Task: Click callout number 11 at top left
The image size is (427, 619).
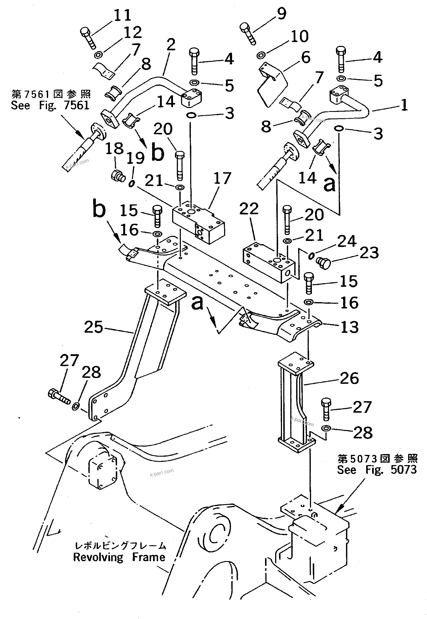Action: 123,15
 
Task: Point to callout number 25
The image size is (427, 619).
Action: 93,327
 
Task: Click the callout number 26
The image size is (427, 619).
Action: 349,378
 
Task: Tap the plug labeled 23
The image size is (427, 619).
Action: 324,263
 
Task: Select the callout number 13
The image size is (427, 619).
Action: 349,327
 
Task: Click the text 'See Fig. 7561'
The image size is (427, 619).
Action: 50,105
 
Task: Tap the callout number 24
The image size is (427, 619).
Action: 347,241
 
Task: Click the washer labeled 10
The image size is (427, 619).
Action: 261,55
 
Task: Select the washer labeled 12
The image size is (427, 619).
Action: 98,55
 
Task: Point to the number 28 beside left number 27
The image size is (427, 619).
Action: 91,372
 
